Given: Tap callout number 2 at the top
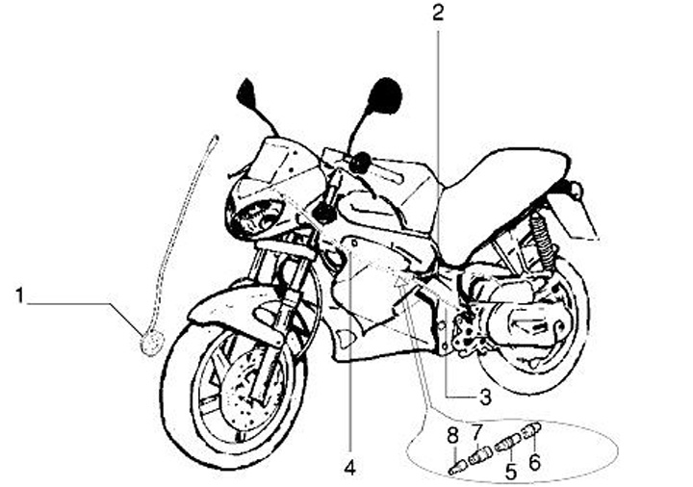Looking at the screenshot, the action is (438, 13).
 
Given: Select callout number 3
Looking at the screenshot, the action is (485, 395).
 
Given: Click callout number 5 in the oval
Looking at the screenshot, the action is (511, 472).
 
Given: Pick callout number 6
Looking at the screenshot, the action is (535, 461).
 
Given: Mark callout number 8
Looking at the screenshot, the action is (450, 439).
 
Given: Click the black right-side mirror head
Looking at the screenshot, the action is (385, 96).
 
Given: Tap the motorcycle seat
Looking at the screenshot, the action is (500, 183).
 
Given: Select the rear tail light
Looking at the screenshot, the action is (577, 190).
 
